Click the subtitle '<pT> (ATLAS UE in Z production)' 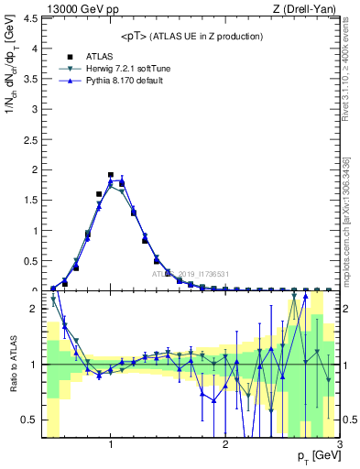(x=191, y=36)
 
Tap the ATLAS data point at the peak (x=110, y=174)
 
